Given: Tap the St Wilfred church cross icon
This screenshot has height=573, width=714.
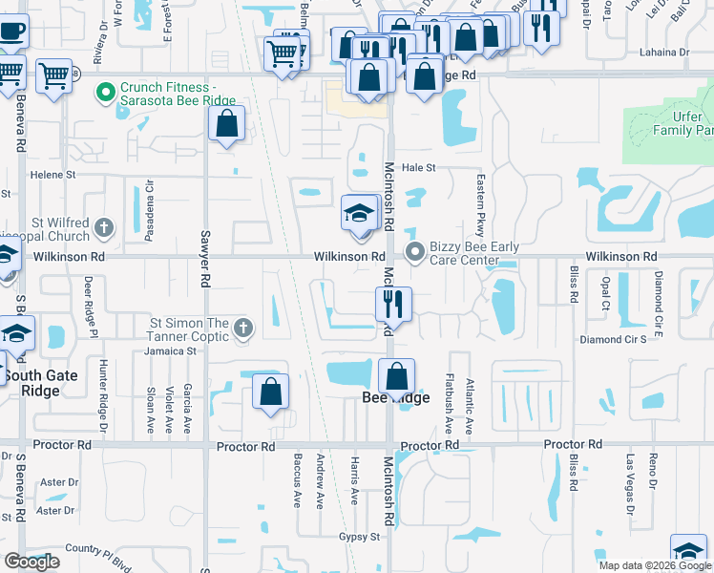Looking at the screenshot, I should click(x=104, y=228).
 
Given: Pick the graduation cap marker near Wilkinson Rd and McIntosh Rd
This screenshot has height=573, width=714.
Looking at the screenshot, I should click(x=359, y=214).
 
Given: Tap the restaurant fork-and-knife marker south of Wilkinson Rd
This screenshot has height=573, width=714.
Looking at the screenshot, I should click(x=393, y=306).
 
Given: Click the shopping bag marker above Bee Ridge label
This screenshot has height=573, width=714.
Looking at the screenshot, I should click(x=396, y=377).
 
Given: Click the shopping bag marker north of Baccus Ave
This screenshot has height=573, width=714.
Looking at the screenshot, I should click(x=271, y=392).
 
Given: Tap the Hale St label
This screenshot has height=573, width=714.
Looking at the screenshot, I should click(x=418, y=167).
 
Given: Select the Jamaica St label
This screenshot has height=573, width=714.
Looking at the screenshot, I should click(x=171, y=350).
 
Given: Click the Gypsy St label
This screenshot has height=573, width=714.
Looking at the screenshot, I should click(x=359, y=537).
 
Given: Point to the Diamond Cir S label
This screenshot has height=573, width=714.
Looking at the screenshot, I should click(x=614, y=339).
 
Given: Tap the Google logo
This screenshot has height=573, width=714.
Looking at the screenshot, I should click(x=32, y=562).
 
